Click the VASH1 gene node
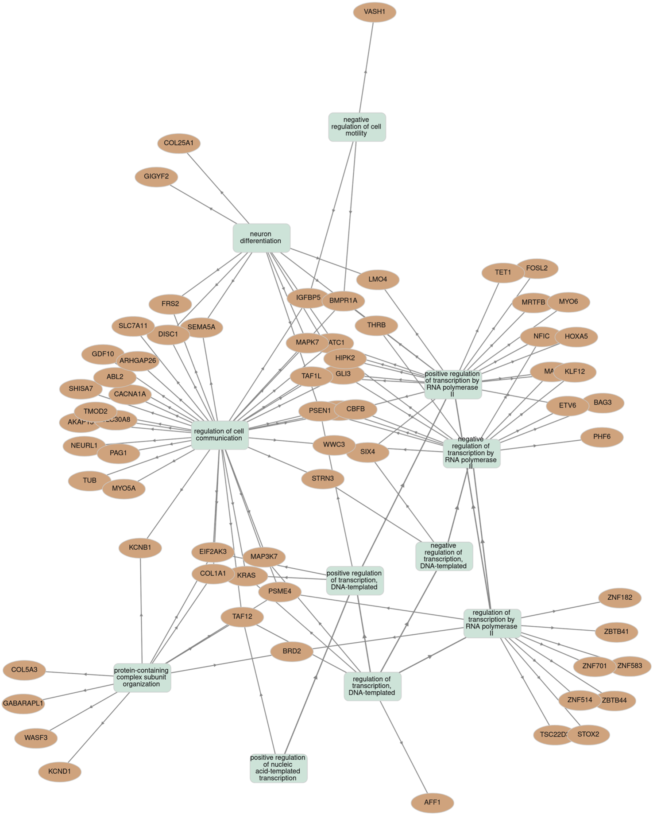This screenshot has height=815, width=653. point(375,12)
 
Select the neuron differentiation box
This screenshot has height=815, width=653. point(261,238)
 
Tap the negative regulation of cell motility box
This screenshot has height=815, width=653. point(357,127)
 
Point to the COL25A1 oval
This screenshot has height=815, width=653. point(179,143)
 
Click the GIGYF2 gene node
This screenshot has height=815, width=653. point(156,177)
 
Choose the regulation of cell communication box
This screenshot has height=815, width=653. point(220,435)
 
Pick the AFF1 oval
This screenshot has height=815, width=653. point(432,803)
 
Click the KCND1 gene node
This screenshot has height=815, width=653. point(59,772)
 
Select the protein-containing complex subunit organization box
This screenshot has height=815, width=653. point(142,678)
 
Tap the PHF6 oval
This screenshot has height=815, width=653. point(602,437)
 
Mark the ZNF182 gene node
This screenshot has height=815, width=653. point(620,598)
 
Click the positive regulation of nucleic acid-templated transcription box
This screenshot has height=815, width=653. point(278,768)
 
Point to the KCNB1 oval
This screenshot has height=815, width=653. point(140,548)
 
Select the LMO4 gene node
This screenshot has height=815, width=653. point(378,279)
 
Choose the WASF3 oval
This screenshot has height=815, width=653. point(36,738)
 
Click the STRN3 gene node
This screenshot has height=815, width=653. point(322,479)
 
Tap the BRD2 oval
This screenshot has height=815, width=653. point(291,651)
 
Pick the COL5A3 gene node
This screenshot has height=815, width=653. point(24,670)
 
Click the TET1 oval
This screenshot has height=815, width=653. point(502,272)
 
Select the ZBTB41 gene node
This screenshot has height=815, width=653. point(616,632)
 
